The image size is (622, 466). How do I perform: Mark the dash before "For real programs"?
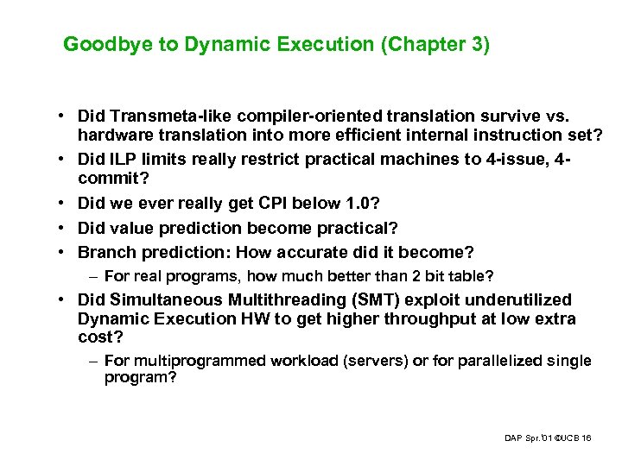pyautogui.click(x=92, y=276)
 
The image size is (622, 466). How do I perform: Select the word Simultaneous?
pyautogui.click(x=159, y=299)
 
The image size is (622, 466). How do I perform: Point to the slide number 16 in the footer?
pyautogui.click(x=587, y=438)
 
